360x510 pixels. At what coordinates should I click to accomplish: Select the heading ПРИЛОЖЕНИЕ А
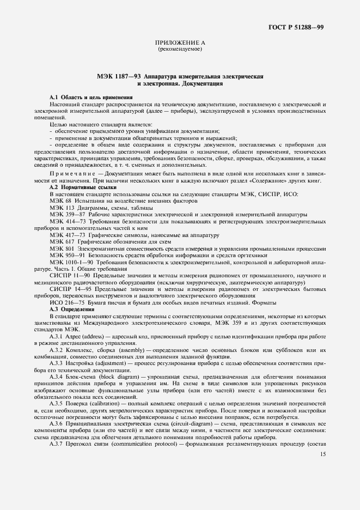[180, 42]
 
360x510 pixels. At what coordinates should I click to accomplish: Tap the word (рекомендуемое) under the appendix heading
[180, 49]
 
